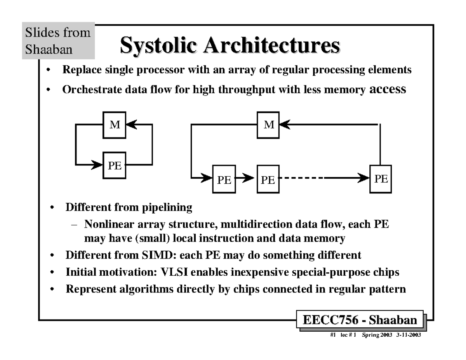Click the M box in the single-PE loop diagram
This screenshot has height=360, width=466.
click(114, 125)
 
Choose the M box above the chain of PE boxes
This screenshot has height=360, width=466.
click(269, 125)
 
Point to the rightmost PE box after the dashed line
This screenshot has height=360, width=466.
click(381, 179)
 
